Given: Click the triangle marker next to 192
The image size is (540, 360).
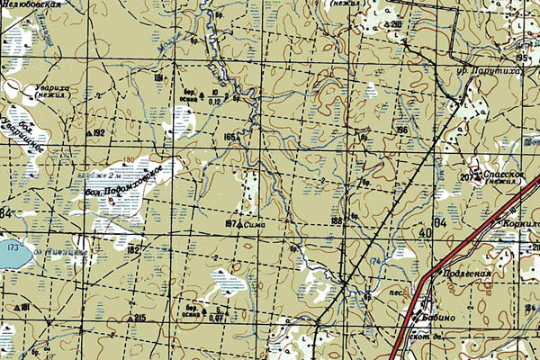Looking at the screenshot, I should [x=88, y=133].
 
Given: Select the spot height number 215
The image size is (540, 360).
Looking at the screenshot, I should [x=139, y=319].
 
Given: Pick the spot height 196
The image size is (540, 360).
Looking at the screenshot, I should [x=401, y=130].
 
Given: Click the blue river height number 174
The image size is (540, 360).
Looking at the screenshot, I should [x=374, y=261].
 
